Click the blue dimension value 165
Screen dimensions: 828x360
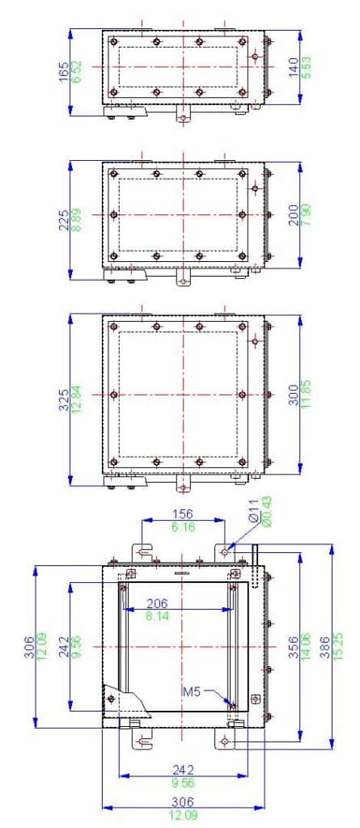tap(64, 72)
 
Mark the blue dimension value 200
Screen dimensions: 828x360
tap(293, 216)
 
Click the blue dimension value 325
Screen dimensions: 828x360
tap(64, 399)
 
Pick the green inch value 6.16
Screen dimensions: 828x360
tap(184, 527)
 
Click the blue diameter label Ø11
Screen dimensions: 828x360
tap(253, 519)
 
